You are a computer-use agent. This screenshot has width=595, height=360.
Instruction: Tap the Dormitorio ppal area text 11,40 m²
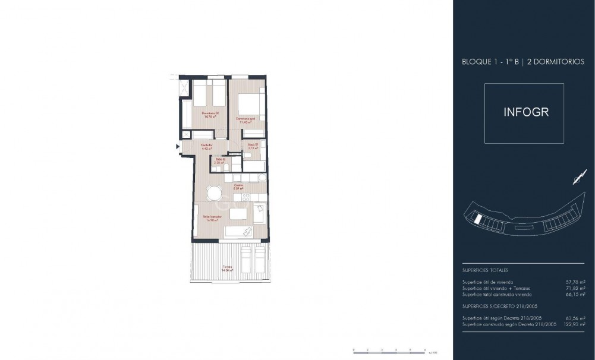click(245, 122)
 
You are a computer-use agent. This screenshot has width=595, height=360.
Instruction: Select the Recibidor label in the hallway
click(206, 145)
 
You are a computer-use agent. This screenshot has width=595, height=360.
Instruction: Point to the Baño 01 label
click(252, 144)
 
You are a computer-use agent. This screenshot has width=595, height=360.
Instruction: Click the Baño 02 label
click(219, 159)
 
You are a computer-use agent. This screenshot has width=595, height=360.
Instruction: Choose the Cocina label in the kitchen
click(238, 185)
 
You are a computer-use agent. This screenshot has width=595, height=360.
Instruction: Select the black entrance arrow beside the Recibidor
click(178, 146)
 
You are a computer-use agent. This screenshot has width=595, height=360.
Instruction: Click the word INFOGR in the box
click(524, 113)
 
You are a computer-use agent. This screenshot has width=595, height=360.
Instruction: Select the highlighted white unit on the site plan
click(477, 219)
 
